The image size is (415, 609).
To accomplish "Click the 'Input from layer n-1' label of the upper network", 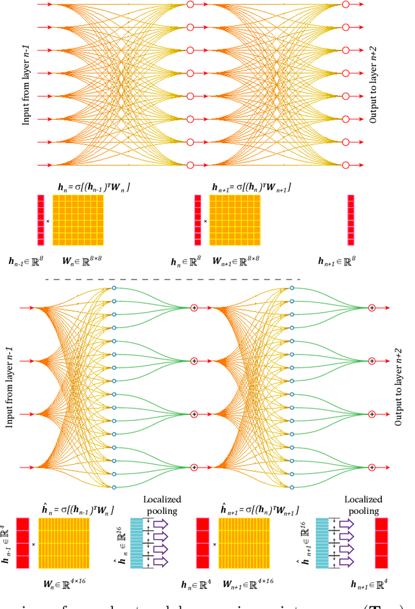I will click(x=27, y=84).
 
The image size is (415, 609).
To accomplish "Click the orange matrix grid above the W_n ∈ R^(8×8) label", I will click(x=78, y=220).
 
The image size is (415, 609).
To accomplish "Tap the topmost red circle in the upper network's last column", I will click(x=345, y=5).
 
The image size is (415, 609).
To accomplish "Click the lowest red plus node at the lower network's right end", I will click(x=372, y=467).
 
